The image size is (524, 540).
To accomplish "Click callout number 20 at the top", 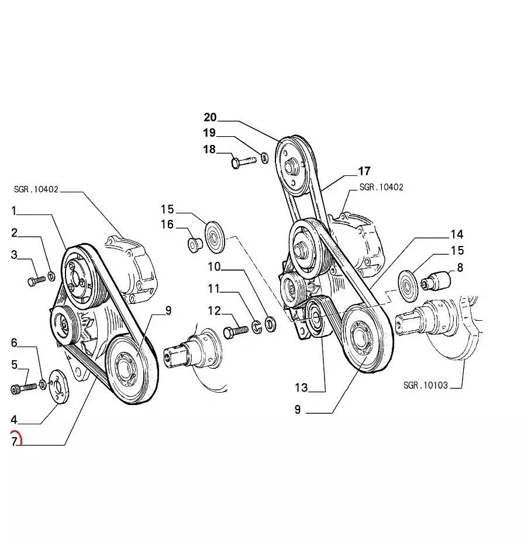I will pyautogui.click(x=210, y=117).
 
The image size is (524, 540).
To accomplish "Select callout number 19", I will pyautogui.click(x=209, y=133).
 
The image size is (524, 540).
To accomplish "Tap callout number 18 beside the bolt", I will pyautogui.click(x=209, y=150).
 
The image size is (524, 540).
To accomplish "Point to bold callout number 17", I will pyautogui.click(x=364, y=171).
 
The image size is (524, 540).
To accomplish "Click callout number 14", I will pyautogui.click(x=457, y=234).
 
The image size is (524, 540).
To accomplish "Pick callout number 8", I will pyautogui.click(x=460, y=268).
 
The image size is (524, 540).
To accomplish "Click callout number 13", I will pyautogui.click(x=301, y=387).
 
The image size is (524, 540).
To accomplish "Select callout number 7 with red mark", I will pyautogui.click(x=15, y=441).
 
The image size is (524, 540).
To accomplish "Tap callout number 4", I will pyautogui.click(x=14, y=419).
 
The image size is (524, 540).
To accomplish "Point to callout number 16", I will pyautogui.click(x=167, y=224).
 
